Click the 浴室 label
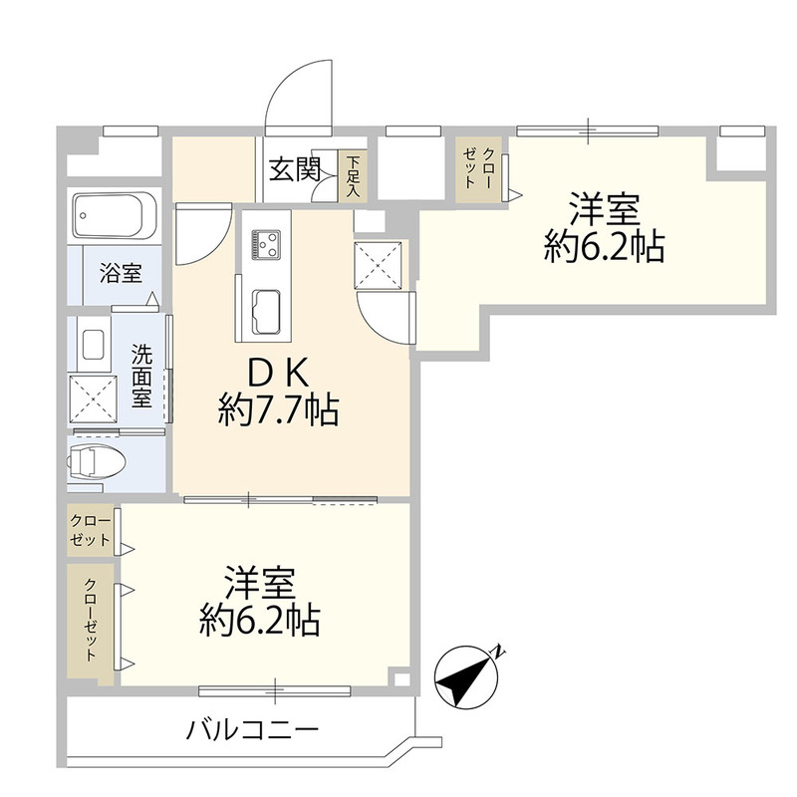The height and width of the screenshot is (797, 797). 120,273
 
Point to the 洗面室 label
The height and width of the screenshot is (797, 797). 141,374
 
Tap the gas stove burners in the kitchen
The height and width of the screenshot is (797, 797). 266,243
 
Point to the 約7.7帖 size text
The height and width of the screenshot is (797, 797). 278,408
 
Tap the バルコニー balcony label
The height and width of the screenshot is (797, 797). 253,730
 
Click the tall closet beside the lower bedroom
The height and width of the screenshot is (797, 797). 90,623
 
